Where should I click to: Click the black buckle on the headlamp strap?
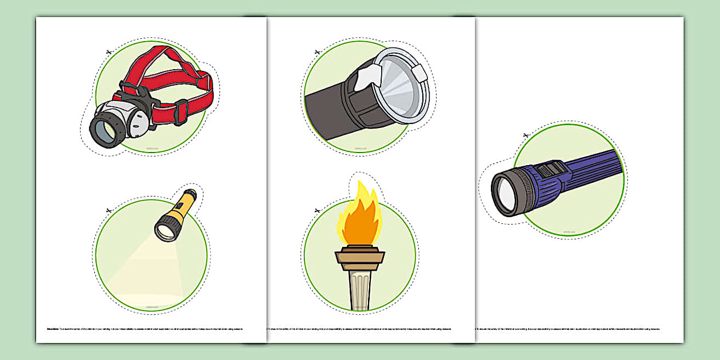(x=180, y=111)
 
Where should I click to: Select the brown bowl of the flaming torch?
(x=360, y=257)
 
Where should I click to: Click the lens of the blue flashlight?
(x=503, y=193)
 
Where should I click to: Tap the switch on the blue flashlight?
(x=553, y=169)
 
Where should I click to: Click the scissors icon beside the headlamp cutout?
(x=107, y=53)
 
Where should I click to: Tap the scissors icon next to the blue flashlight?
(x=526, y=135)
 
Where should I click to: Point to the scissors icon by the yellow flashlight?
(x=107, y=211)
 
